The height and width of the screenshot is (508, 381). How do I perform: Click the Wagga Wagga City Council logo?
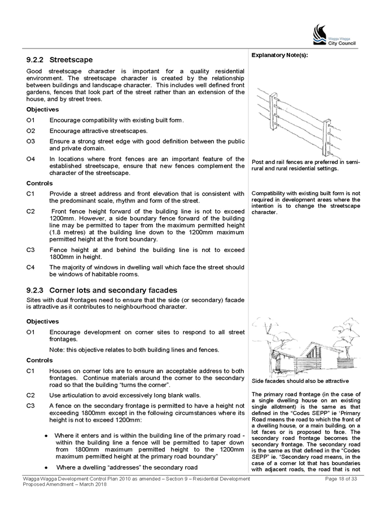[334, 34]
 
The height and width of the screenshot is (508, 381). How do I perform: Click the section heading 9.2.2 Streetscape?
[59, 60]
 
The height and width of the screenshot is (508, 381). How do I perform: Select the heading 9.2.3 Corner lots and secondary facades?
[102, 290]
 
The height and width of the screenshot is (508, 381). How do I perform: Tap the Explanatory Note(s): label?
[279, 55]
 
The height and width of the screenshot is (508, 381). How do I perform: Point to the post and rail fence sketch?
[299, 123]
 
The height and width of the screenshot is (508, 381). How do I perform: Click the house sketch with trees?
[306, 347]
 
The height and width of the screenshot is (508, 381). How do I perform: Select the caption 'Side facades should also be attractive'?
[300, 381]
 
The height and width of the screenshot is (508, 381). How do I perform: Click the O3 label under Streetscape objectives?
[30, 142]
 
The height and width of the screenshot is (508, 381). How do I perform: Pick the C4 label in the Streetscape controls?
[30, 267]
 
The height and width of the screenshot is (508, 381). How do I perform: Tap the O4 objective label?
[30, 159]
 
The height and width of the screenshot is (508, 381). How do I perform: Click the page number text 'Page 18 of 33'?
[341, 479]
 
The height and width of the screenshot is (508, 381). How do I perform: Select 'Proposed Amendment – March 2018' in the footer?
[64, 484]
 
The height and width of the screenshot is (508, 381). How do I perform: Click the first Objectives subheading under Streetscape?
[42, 109]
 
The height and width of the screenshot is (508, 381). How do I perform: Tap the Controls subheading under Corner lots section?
[40, 360]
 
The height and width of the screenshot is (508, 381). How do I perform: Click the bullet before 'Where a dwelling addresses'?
[47, 468]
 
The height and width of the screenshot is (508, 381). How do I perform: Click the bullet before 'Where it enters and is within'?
[47, 436]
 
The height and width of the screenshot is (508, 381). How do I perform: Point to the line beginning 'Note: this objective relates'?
[134, 350]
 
